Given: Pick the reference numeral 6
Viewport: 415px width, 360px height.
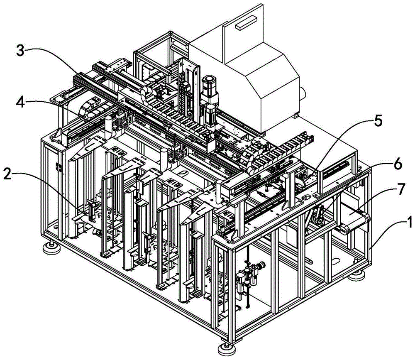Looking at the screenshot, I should [397, 165].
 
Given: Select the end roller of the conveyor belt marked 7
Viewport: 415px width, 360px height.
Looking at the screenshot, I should [347, 228].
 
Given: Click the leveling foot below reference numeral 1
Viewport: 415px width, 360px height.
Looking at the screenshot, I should [358, 274].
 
